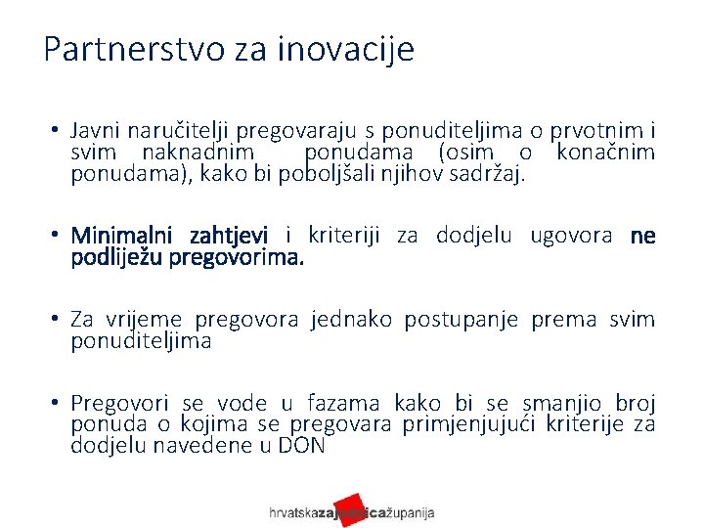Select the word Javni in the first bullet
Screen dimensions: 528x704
click(95, 131)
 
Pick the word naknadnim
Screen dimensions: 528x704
click(198, 153)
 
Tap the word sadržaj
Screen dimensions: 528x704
click(488, 175)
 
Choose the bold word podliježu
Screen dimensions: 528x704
click(117, 258)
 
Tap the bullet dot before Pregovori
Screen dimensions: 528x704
click(58, 403)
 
